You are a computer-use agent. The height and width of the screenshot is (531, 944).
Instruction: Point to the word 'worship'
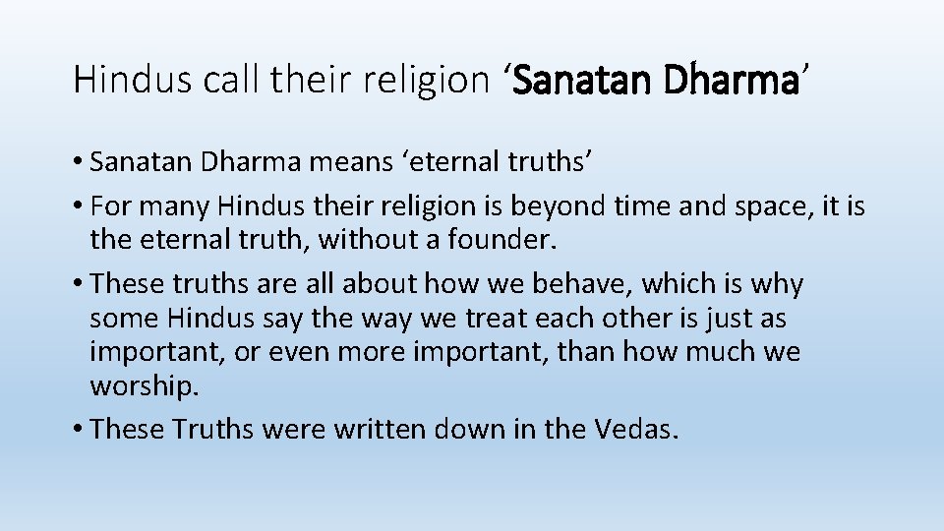tap(144, 386)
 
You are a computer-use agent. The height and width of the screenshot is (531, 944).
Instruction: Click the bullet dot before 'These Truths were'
tap(78, 430)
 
